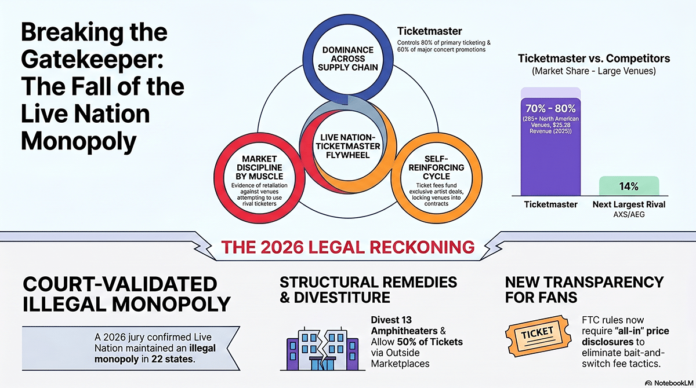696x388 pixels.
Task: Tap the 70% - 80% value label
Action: tap(550, 108)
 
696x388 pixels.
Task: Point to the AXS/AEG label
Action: tap(629, 215)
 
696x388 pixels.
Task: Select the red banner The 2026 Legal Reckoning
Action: tap(348, 247)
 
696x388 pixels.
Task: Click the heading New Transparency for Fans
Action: tap(584, 290)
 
